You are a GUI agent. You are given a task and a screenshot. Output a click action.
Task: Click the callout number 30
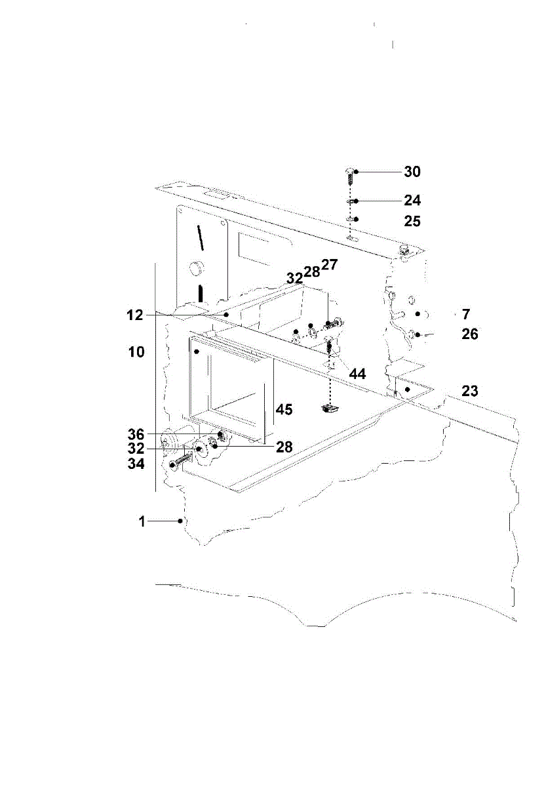point(412,172)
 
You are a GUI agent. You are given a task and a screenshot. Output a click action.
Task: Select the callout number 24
point(412,200)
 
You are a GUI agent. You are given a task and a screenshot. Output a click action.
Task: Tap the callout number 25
point(412,221)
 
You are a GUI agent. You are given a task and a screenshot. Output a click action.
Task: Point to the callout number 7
point(465,314)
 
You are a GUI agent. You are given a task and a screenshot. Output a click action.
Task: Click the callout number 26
point(470,334)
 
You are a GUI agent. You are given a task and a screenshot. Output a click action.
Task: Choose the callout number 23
point(470,392)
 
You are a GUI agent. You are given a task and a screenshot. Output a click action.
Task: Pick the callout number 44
point(357,374)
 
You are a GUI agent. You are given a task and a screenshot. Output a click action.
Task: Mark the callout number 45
point(284,409)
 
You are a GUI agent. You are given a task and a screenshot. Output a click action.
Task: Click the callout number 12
point(135,315)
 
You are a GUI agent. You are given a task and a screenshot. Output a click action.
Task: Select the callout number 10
point(136,352)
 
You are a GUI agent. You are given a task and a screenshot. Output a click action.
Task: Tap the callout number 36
point(136,434)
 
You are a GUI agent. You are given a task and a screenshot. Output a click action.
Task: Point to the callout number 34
point(136,464)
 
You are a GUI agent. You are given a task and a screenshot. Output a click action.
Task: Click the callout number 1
point(141,521)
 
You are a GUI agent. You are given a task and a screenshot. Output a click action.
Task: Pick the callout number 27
point(329,265)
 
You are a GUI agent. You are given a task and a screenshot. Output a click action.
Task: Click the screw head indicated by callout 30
point(349,171)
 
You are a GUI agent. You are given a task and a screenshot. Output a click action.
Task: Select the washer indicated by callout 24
point(351,201)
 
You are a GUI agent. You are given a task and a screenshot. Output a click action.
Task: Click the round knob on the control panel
point(195,267)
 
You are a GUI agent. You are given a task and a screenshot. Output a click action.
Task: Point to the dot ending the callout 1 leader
point(180,521)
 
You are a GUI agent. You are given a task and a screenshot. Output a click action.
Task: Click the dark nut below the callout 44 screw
point(330,410)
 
